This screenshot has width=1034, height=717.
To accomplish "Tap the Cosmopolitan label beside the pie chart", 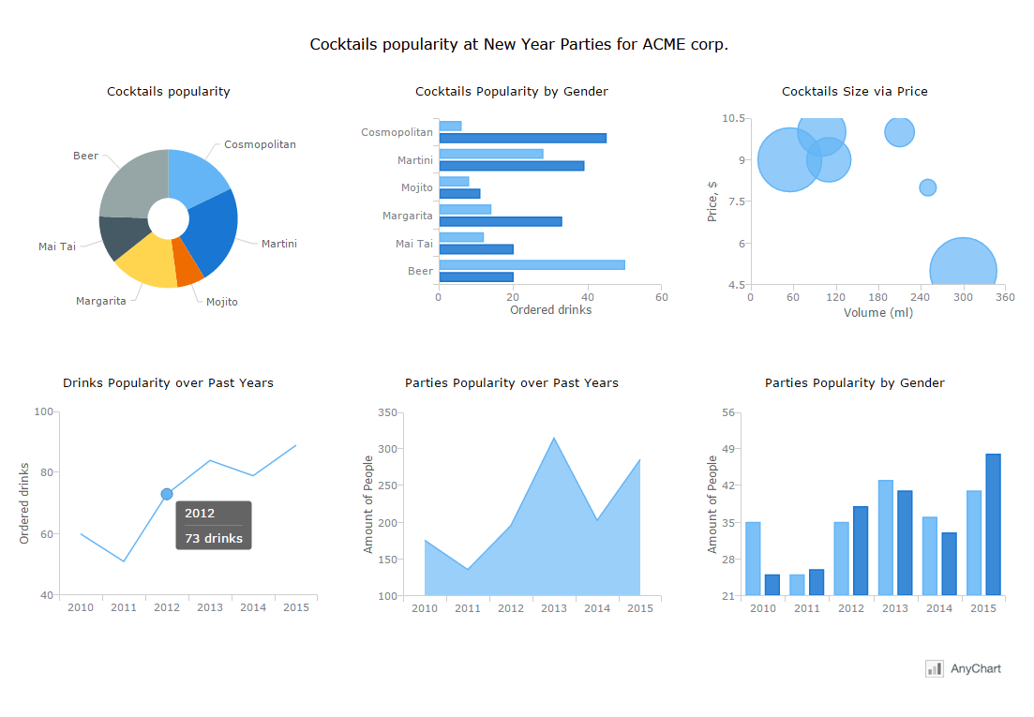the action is click(260, 144).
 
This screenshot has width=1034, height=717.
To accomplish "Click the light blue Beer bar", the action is click(531, 265).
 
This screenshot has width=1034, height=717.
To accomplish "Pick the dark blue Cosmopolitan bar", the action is click(522, 138).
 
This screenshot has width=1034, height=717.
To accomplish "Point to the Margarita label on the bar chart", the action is click(407, 216).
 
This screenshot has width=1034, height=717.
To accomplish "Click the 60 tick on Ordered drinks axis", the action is click(662, 297).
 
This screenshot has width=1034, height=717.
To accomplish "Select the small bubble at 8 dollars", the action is click(927, 187).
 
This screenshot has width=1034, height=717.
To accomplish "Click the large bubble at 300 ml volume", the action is click(963, 270).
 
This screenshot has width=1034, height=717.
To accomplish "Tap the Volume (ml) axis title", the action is click(877, 312).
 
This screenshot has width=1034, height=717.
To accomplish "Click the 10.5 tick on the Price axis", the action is click(734, 118).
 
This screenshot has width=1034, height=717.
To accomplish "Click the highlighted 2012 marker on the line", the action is click(167, 494).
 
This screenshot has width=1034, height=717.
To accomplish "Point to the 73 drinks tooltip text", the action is click(214, 538).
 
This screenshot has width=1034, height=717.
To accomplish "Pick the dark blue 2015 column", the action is click(993, 525).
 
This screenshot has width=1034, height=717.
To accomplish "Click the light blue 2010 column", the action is click(753, 559).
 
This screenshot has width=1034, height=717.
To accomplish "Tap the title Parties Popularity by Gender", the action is click(854, 382).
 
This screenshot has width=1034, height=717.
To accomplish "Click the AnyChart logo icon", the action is click(934, 668).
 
